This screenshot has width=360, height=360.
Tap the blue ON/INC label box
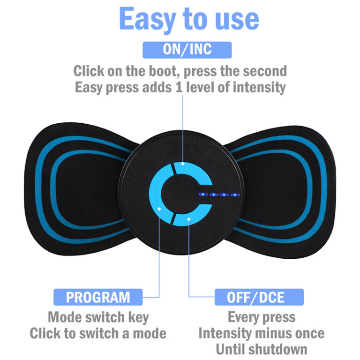click(187, 50)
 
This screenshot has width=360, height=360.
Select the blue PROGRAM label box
click(98, 297)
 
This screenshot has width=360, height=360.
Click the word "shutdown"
click(278, 349)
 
